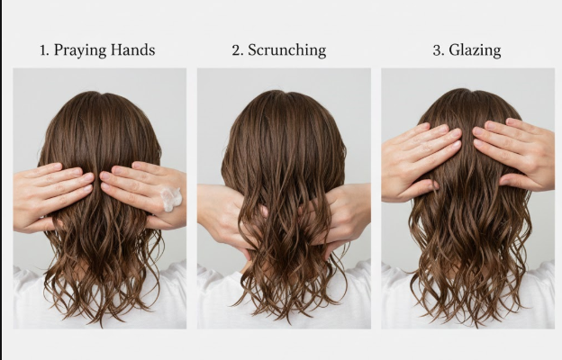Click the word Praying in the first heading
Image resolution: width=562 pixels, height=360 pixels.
click(80, 50)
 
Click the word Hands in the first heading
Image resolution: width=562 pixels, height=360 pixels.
click(132, 49)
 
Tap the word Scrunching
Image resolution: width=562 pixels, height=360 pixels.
click(286, 50)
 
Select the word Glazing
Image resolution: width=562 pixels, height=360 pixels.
click(475, 50)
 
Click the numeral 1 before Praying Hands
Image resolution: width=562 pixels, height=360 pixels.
click(43, 50)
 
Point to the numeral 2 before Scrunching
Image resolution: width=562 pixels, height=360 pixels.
click(237, 50)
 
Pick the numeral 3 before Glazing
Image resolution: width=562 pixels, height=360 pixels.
click(438, 50)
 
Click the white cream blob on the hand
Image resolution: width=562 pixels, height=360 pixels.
click(171, 198)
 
